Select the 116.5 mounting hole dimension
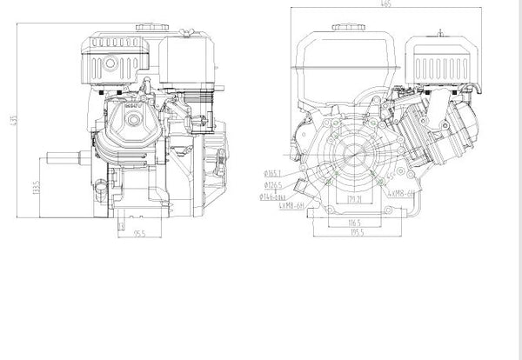point(355,223)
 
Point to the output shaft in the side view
point(61,159)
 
